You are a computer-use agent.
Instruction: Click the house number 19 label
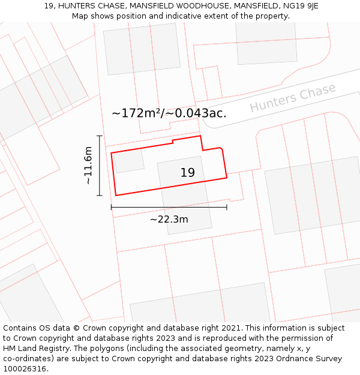tap(187, 173)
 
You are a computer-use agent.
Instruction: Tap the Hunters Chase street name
tap(292, 97)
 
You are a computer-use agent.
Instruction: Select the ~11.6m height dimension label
tap(88, 165)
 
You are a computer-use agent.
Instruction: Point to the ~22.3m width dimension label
tap(169, 220)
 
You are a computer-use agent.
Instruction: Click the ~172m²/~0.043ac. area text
tap(169, 113)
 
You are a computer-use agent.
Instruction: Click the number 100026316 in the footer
tap(25, 369)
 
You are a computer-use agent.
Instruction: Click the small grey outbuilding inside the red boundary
tap(129, 161)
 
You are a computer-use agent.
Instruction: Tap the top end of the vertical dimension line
tap(100, 136)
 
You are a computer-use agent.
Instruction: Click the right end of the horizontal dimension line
tap(227, 208)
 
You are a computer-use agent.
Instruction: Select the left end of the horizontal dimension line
tap(112, 208)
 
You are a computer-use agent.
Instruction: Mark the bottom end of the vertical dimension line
tap(100, 196)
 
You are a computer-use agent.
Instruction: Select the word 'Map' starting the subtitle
tap(80, 16)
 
